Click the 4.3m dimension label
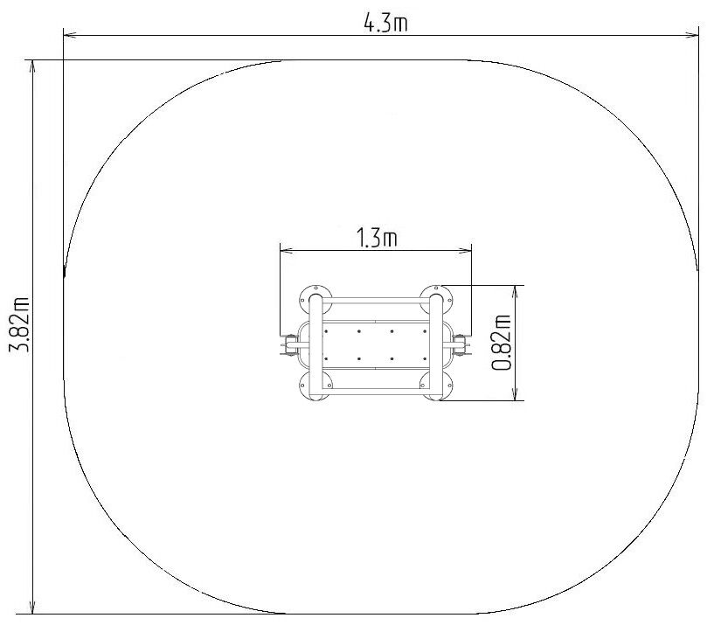[x=385, y=23]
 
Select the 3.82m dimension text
[x=20, y=324]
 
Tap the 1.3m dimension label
[x=376, y=238]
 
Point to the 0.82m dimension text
[x=502, y=343]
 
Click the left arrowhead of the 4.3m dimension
[x=70, y=35]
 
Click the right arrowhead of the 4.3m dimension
[x=691, y=35]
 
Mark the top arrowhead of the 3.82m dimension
[x=33, y=66]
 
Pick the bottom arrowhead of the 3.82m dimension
[x=33, y=608]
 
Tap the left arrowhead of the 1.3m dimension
[x=287, y=250]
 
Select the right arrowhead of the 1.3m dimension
[x=465, y=250]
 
